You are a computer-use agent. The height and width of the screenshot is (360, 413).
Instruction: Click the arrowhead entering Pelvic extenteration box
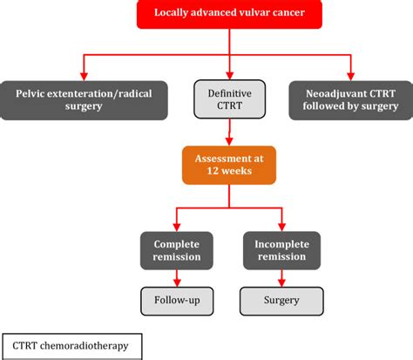84,74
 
